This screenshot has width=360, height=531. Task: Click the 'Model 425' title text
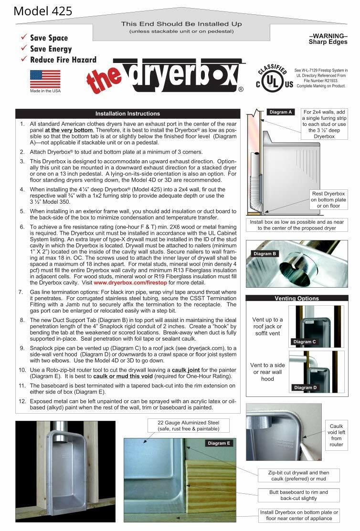tap(43, 10)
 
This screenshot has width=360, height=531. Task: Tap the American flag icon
tap(45, 79)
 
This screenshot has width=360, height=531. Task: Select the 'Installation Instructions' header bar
tap(127, 114)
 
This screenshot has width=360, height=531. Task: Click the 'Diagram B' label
tap(265, 254)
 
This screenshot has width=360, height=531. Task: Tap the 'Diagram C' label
tap(305, 342)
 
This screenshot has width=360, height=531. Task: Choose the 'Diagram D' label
tap(305, 387)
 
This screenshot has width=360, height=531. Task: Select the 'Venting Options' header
tap(296, 299)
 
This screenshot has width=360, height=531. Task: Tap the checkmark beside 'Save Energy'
tap(23, 49)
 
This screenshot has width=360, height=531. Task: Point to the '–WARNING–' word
tap(328, 36)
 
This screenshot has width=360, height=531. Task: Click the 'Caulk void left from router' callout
tap(336, 435)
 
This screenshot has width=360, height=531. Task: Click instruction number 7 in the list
tap(21, 292)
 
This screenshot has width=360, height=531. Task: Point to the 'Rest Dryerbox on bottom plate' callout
tap(328, 200)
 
